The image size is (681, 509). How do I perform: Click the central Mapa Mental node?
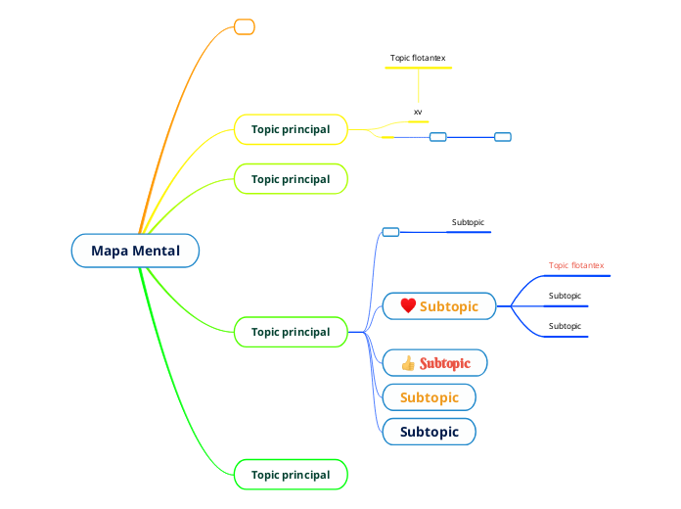(x=135, y=251)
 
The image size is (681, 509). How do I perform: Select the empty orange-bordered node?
(x=245, y=26)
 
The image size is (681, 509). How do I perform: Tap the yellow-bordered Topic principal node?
(x=291, y=129)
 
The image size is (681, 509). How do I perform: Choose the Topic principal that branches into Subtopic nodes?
(x=291, y=332)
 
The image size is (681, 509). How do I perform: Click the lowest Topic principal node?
(x=291, y=475)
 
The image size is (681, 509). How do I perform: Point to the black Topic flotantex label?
(x=418, y=59)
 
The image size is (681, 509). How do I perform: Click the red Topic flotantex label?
(x=576, y=265)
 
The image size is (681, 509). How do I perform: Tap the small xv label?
(x=418, y=113)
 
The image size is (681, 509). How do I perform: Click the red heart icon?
(x=408, y=306)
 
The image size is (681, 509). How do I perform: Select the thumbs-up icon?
(x=408, y=364)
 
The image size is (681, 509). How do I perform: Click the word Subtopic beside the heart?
(x=449, y=306)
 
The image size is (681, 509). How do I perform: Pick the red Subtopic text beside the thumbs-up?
(x=445, y=364)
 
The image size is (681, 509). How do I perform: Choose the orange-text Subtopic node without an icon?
(x=430, y=397)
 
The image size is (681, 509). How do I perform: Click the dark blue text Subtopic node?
(x=430, y=432)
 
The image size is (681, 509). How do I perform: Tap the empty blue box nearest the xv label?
(x=438, y=137)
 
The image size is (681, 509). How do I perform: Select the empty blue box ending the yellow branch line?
(x=503, y=137)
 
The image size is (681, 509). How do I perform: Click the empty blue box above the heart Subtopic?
(x=390, y=232)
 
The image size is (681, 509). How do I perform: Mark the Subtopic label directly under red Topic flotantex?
(x=565, y=296)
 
